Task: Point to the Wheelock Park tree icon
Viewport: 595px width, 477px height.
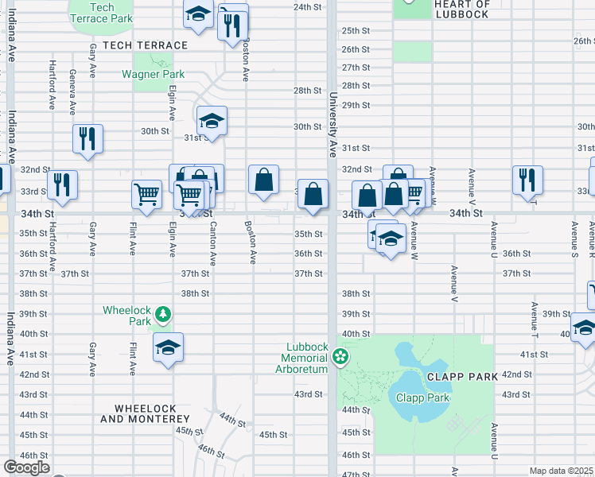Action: click(163, 315)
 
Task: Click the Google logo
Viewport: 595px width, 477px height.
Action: click(26, 467)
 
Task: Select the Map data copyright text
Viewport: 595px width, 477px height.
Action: click(561, 471)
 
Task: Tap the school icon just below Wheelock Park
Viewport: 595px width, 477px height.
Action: click(168, 348)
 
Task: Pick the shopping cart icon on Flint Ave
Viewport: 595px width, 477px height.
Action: click(146, 194)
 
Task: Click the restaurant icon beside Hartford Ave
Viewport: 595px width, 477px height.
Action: click(61, 184)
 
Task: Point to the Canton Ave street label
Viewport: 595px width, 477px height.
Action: click(212, 242)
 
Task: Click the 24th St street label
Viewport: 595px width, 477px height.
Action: click(307, 6)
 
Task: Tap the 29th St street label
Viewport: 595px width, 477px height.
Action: click(356, 105)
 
